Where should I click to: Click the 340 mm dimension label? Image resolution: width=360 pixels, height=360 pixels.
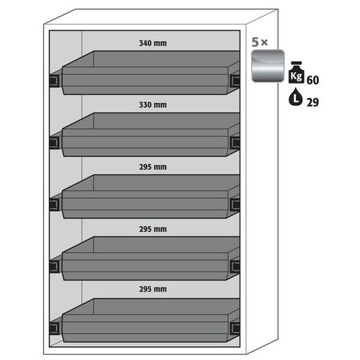tap(153, 43)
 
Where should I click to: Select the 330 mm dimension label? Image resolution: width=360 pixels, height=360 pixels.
tap(153, 105)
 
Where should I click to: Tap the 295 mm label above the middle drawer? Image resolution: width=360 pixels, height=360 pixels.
tap(153, 167)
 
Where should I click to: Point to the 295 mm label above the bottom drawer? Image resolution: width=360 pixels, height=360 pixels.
tap(153, 289)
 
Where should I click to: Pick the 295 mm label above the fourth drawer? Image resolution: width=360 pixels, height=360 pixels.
tap(153, 229)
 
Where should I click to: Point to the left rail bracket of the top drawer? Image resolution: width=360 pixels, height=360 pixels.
tap(54, 81)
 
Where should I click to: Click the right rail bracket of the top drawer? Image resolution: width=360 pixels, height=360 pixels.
tap(235, 81)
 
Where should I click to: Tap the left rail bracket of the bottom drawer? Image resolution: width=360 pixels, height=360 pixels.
tap(54, 328)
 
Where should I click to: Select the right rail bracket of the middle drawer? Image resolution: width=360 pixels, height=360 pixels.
tap(235, 204)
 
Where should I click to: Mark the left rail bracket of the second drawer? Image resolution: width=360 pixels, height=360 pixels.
tap(54, 143)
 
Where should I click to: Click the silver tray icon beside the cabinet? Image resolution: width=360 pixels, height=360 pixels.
tap(268, 66)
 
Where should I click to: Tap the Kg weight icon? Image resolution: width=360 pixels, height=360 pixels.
tap(297, 73)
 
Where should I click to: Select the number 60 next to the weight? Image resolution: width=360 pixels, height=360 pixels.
tap(312, 80)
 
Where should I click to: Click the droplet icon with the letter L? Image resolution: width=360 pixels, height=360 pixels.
tap(296, 97)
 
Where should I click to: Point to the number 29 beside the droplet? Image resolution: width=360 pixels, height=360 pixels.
tap(312, 102)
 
